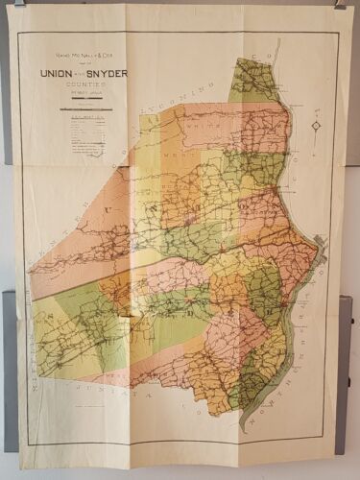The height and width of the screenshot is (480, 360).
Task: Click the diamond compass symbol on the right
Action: tap(316, 126)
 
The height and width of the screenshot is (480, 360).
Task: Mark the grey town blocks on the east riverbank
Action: tap(319, 253)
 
